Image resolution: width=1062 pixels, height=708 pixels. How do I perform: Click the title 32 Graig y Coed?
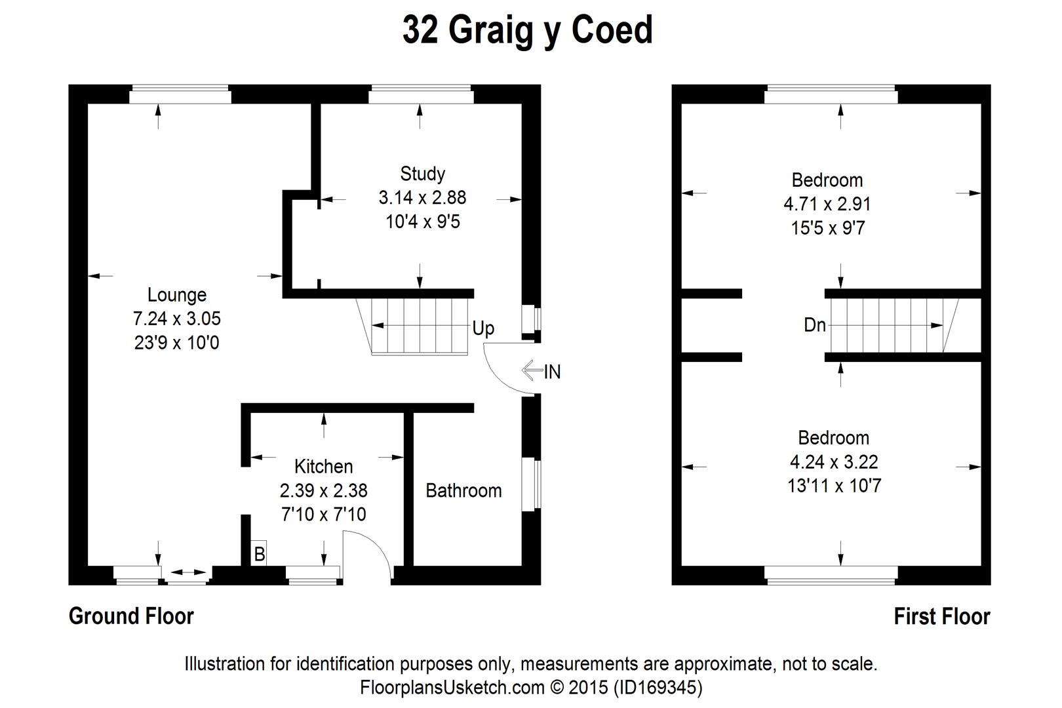528,31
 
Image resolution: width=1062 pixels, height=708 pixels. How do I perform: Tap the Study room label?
422,174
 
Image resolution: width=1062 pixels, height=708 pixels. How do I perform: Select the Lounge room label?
176,295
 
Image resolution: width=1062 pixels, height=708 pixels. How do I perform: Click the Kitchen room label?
323,467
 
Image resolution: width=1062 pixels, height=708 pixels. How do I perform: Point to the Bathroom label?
463,490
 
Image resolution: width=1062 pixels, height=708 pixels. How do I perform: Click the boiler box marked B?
260,554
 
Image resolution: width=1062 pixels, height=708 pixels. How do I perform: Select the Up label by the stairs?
483,328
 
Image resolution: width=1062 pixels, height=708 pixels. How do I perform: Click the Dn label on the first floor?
815,324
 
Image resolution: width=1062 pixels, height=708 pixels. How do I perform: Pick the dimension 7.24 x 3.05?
176,319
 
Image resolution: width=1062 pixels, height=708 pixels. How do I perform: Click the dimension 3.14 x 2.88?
422,197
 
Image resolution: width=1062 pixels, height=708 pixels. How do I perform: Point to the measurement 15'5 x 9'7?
827,228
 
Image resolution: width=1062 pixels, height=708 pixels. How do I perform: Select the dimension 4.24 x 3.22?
833,462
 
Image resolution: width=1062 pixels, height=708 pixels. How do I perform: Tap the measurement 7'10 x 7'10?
323,515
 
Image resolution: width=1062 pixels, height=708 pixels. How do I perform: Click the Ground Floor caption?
131,616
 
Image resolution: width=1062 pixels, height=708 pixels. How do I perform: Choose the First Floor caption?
941,616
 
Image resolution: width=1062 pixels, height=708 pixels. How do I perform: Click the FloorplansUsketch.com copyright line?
531,687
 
